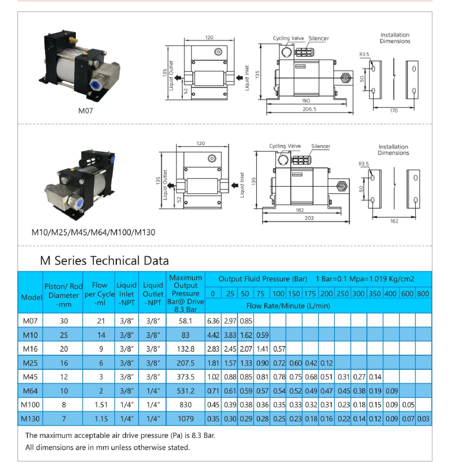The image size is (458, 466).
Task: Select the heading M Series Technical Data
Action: [105, 261]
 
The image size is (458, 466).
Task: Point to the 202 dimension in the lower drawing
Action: [309, 218]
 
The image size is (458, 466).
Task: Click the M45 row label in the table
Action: [30, 377]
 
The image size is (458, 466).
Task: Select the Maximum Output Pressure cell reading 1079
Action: [185, 419]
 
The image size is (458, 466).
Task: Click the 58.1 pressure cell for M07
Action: [185, 321]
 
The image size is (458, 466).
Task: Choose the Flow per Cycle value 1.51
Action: [99, 405]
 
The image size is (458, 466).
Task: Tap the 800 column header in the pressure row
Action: [423, 293]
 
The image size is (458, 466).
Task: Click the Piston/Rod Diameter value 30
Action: [63, 321]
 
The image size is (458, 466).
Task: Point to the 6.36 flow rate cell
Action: [213, 321]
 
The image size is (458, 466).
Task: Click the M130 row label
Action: [30, 419]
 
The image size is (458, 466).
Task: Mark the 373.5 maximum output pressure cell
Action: [185, 377]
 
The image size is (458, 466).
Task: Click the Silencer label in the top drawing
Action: [318, 38]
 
